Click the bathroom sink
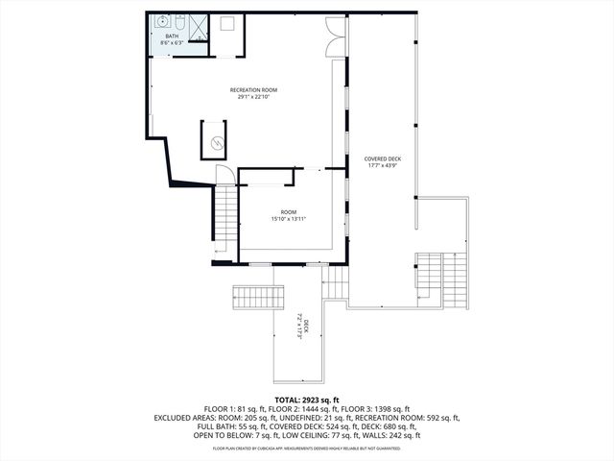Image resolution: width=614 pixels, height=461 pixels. click(x=163, y=20)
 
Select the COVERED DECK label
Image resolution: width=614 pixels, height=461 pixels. click(x=382, y=158)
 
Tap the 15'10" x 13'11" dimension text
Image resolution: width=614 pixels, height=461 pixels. click(x=288, y=219)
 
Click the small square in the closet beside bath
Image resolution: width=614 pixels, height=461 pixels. click(x=228, y=24)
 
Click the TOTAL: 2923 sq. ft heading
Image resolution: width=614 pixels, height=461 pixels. click(x=306, y=399)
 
